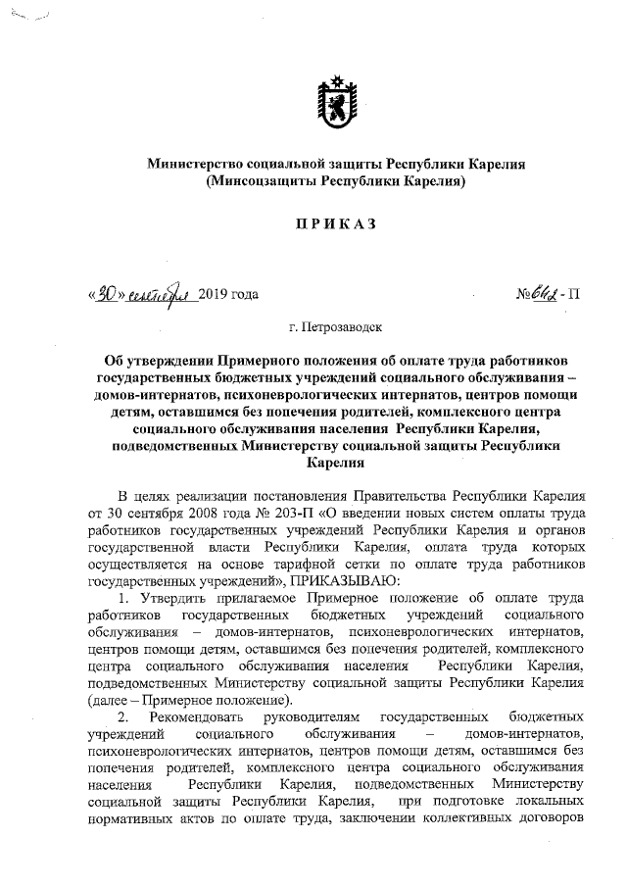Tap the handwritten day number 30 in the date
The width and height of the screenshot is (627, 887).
pos(109,292)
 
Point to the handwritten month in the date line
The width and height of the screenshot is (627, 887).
pos(161,292)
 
